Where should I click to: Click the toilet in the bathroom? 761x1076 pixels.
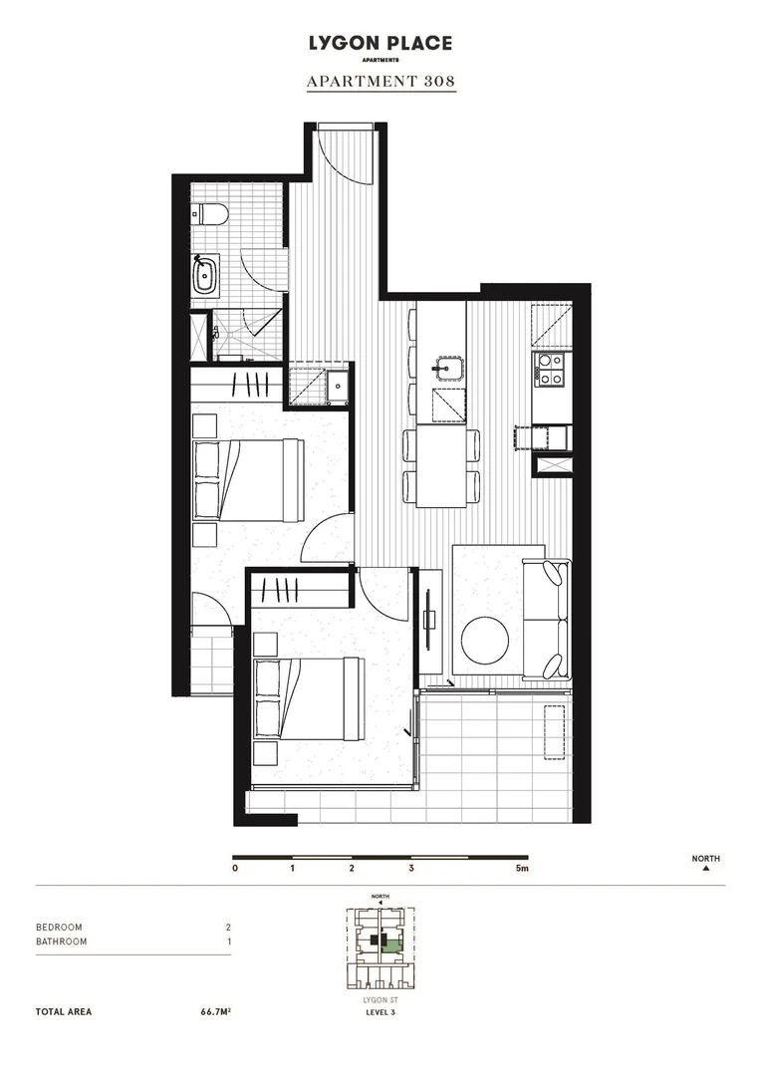(x=211, y=213)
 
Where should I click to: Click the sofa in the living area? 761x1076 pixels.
(x=544, y=620)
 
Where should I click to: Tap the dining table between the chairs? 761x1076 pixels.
(x=441, y=465)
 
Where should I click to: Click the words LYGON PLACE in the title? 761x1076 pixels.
(x=380, y=43)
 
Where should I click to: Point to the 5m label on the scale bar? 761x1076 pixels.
(x=522, y=869)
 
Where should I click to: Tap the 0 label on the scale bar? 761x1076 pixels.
(x=235, y=869)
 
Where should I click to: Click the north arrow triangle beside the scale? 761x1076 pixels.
(x=706, y=869)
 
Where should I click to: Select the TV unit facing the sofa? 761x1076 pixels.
(x=429, y=619)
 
